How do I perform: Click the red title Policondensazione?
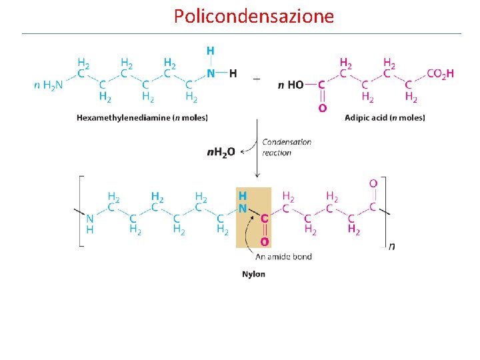pos(253,16)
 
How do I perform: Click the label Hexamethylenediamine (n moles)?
pos(142,118)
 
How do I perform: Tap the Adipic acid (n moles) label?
pos(385,118)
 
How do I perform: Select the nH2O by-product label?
pos(221,152)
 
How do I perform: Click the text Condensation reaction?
pos(286,147)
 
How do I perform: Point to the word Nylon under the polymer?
pos(253,274)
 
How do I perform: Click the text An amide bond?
pos(283,256)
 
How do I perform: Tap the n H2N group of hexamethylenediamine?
pos(48,85)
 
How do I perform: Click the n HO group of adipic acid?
pos(291,85)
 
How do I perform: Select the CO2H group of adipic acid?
pos(440,74)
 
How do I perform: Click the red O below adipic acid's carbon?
pos(322,107)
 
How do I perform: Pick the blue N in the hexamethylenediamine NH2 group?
pos(211,73)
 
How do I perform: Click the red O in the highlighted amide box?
pos(264,241)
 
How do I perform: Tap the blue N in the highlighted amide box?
pos(243,208)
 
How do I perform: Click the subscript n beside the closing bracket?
pos(391,246)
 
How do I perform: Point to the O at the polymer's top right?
pos(373,183)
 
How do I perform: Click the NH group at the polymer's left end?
pos(89,223)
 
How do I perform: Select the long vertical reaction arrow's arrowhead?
pos(257,176)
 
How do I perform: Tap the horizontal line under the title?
pos(241,33)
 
